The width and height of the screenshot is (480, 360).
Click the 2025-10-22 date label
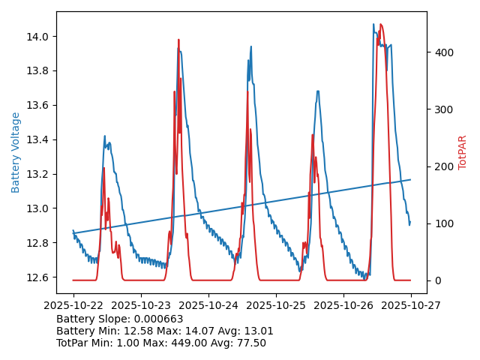click(73, 306)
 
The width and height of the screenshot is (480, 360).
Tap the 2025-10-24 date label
click(208, 306)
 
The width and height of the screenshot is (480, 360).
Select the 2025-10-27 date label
click(410, 306)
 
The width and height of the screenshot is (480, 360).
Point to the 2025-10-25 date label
click(276, 306)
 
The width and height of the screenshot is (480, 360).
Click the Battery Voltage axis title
click(16, 152)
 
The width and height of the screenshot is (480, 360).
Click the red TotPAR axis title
click(462, 152)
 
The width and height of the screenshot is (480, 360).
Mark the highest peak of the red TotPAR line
click(381, 25)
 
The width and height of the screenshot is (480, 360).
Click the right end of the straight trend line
click(410, 179)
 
